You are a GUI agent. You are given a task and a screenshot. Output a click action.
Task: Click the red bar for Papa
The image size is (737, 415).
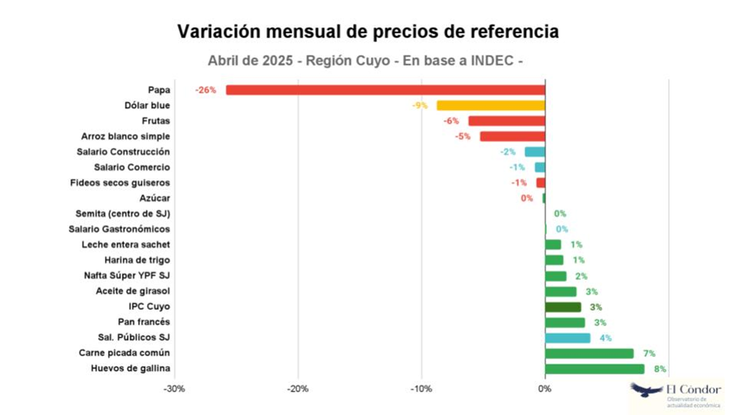(385, 90)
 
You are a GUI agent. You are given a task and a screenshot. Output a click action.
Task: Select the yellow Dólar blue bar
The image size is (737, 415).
(491, 105)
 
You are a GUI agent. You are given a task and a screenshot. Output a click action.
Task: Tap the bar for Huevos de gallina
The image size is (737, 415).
(594, 369)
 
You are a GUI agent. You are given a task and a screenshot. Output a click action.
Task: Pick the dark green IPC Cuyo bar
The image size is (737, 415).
(563, 307)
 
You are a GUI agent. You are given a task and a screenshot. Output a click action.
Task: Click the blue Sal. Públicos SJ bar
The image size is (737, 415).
(568, 338)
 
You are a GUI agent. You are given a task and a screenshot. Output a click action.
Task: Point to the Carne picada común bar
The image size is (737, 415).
(589, 353)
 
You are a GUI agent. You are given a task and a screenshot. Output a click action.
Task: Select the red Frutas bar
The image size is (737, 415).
(506, 121)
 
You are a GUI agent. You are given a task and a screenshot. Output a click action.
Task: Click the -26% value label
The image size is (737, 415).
(205, 90)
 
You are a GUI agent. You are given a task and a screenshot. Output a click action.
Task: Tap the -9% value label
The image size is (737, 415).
(419, 105)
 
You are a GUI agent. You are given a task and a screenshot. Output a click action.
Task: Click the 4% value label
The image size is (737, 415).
(605, 338)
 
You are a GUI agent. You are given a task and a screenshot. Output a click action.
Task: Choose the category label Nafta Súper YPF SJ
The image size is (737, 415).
(127, 276)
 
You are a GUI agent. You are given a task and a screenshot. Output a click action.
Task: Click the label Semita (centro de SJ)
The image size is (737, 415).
(123, 213)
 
